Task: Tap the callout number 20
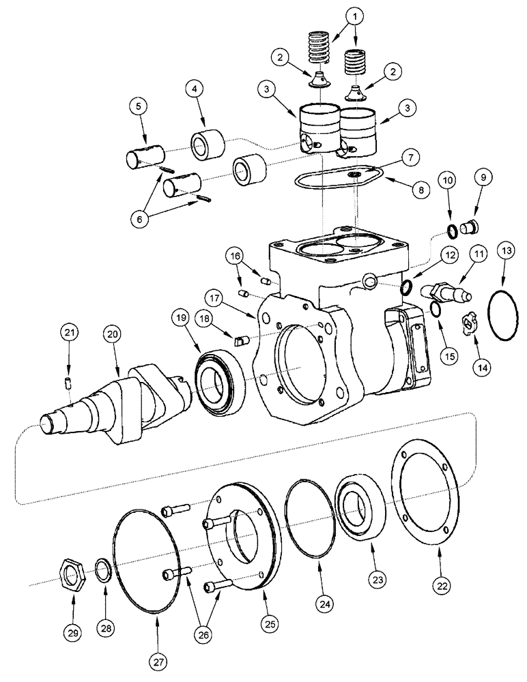tap(111, 333)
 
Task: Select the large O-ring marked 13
tap(503, 314)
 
